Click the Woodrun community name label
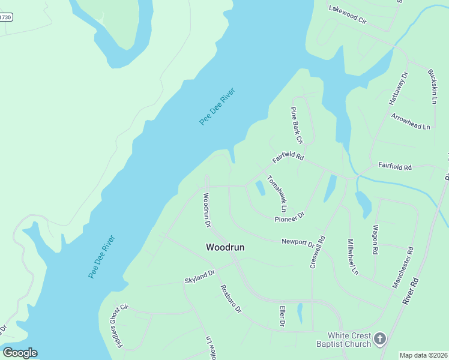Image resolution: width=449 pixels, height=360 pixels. pos(225,247)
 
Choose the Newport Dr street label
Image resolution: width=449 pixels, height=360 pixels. pos(298,242)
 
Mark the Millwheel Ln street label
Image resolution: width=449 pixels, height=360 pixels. pos(352,257)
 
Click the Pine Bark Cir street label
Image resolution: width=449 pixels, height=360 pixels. pos(297,125)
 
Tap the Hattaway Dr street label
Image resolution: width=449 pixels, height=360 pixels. pos(400,85)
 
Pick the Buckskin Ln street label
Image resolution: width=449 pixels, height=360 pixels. pos(432,86)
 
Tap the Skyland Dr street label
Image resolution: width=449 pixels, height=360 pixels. pos(200,277)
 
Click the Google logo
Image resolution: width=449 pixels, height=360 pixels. pos(20,353)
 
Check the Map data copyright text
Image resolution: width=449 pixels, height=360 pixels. pos(423,355)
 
